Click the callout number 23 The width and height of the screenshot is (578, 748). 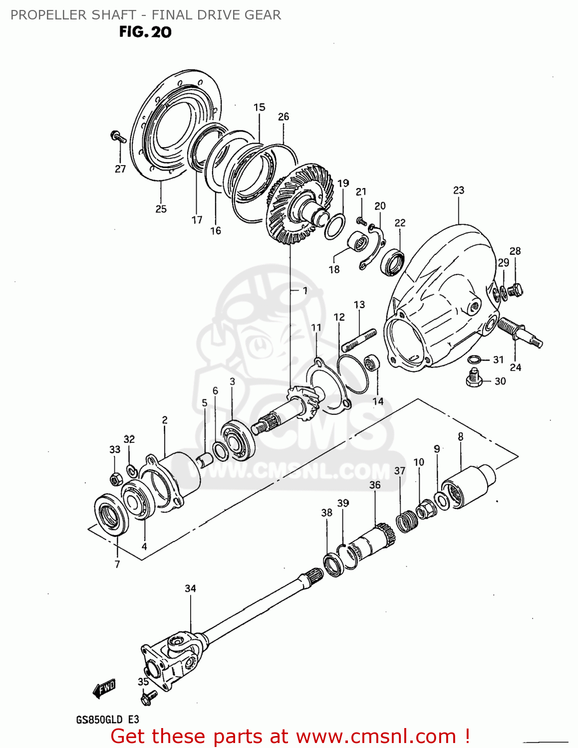(458, 190)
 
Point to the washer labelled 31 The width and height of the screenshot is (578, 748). (475, 360)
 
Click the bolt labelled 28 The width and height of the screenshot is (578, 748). (516, 289)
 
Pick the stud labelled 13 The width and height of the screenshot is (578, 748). (359, 339)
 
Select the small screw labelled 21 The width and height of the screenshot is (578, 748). (361, 220)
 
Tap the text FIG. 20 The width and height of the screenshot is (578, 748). (145, 32)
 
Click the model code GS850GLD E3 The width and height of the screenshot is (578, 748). (107, 720)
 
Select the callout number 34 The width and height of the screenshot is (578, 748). (190, 588)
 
